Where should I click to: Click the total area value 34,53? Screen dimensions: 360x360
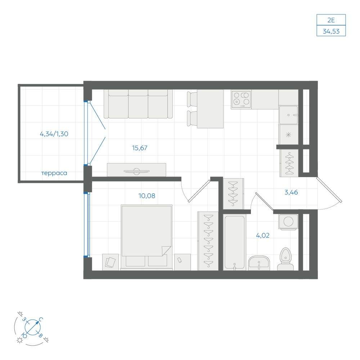click(x=331, y=31)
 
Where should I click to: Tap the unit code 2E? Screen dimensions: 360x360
click(x=331, y=20)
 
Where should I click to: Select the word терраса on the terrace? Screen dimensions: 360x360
click(x=54, y=173)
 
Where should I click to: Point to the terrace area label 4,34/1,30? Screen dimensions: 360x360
click(x=54, y=134)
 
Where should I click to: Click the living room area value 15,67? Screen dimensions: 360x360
click(x=140, y=148)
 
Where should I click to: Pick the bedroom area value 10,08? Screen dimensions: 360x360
click(x=147, y=196)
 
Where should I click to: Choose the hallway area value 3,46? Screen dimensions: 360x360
click(x=291, y=192)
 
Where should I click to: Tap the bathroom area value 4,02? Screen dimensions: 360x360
click(x=263, y=235)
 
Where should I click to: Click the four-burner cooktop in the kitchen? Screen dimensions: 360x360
click(x=241, y=99)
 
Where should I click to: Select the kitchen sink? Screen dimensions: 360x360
click(x=289, y=115)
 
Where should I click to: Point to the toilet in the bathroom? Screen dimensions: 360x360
click(x=285, y=259)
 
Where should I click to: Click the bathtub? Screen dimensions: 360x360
click(x=234, y=242)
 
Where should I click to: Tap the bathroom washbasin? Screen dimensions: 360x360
click(x=259, y=263)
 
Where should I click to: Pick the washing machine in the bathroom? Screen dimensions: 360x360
click(x=288, y=222)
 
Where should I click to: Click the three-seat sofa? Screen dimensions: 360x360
click(x=138, y=104)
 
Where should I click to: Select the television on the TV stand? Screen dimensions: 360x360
click(x=136, y=171)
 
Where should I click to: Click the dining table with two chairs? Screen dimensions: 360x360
click(x=206, y=109)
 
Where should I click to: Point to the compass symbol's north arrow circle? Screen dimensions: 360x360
click(x=33, y=327)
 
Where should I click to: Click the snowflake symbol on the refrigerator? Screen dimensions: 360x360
click(x=289, y=135)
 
